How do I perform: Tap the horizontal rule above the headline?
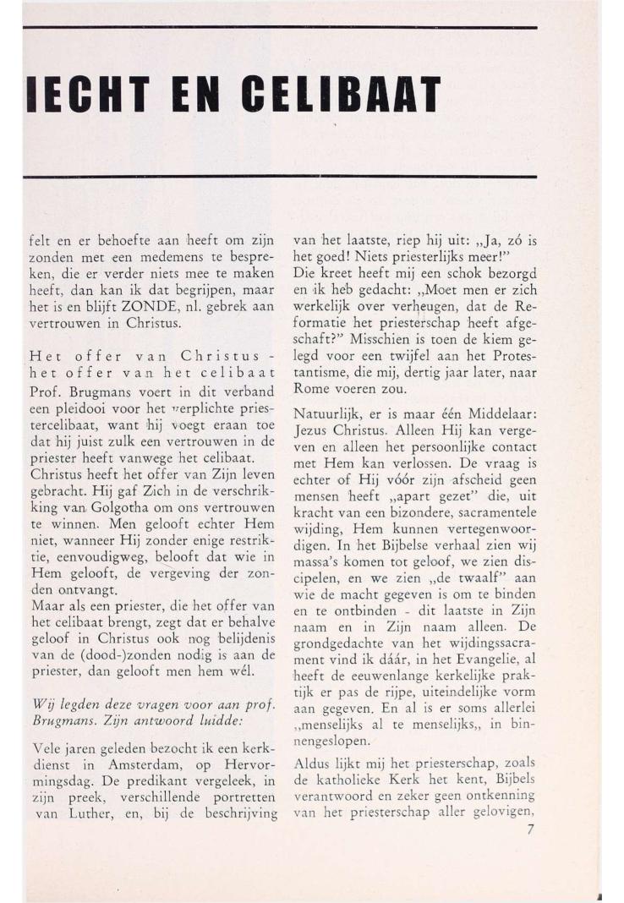[x=279, y=28]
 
